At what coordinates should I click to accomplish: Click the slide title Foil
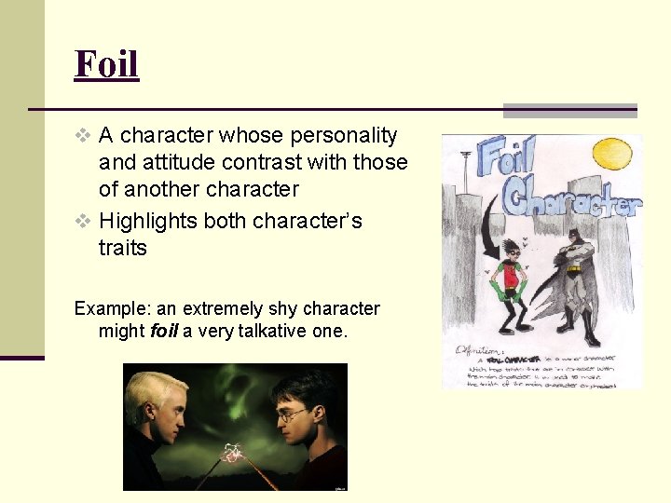[x=106, y=64]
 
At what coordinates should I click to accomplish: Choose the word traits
[x=123, y=248]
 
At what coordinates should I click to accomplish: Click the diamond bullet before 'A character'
[x=84, y=136]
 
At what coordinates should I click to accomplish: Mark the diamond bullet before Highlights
[x=84, y=222]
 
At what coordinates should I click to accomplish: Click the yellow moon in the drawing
[x=613, y=153]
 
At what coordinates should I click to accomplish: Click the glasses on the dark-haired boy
[x=296, y=415]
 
